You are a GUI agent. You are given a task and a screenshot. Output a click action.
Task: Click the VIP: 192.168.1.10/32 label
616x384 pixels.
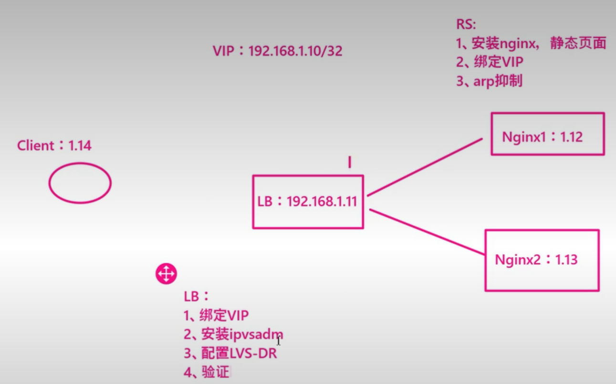278,51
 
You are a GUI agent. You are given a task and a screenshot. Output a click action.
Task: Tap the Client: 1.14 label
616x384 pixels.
54,146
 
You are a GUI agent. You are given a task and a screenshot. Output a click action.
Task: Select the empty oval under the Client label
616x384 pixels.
80,183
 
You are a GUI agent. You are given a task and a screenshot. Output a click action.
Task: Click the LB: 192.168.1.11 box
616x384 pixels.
308,202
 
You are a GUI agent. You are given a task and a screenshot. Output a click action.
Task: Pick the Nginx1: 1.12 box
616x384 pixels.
547,134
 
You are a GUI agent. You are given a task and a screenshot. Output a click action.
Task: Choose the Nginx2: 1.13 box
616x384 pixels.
542,260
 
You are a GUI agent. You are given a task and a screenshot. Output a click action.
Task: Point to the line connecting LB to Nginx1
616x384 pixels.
425,167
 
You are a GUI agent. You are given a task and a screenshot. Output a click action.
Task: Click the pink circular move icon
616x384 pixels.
166,274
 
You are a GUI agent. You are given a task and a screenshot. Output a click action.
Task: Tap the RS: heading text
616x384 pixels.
467,25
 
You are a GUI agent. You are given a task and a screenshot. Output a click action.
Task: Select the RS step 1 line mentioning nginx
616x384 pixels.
531,44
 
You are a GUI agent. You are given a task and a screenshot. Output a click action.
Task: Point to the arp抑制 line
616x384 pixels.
489,81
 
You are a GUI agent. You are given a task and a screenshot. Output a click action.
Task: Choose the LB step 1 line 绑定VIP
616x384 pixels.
216,315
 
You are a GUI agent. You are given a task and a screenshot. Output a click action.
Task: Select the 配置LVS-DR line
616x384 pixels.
230,353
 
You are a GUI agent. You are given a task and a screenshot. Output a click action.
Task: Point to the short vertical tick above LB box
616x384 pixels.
349,162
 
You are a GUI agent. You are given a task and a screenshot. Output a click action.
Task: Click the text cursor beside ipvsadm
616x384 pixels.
279,340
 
